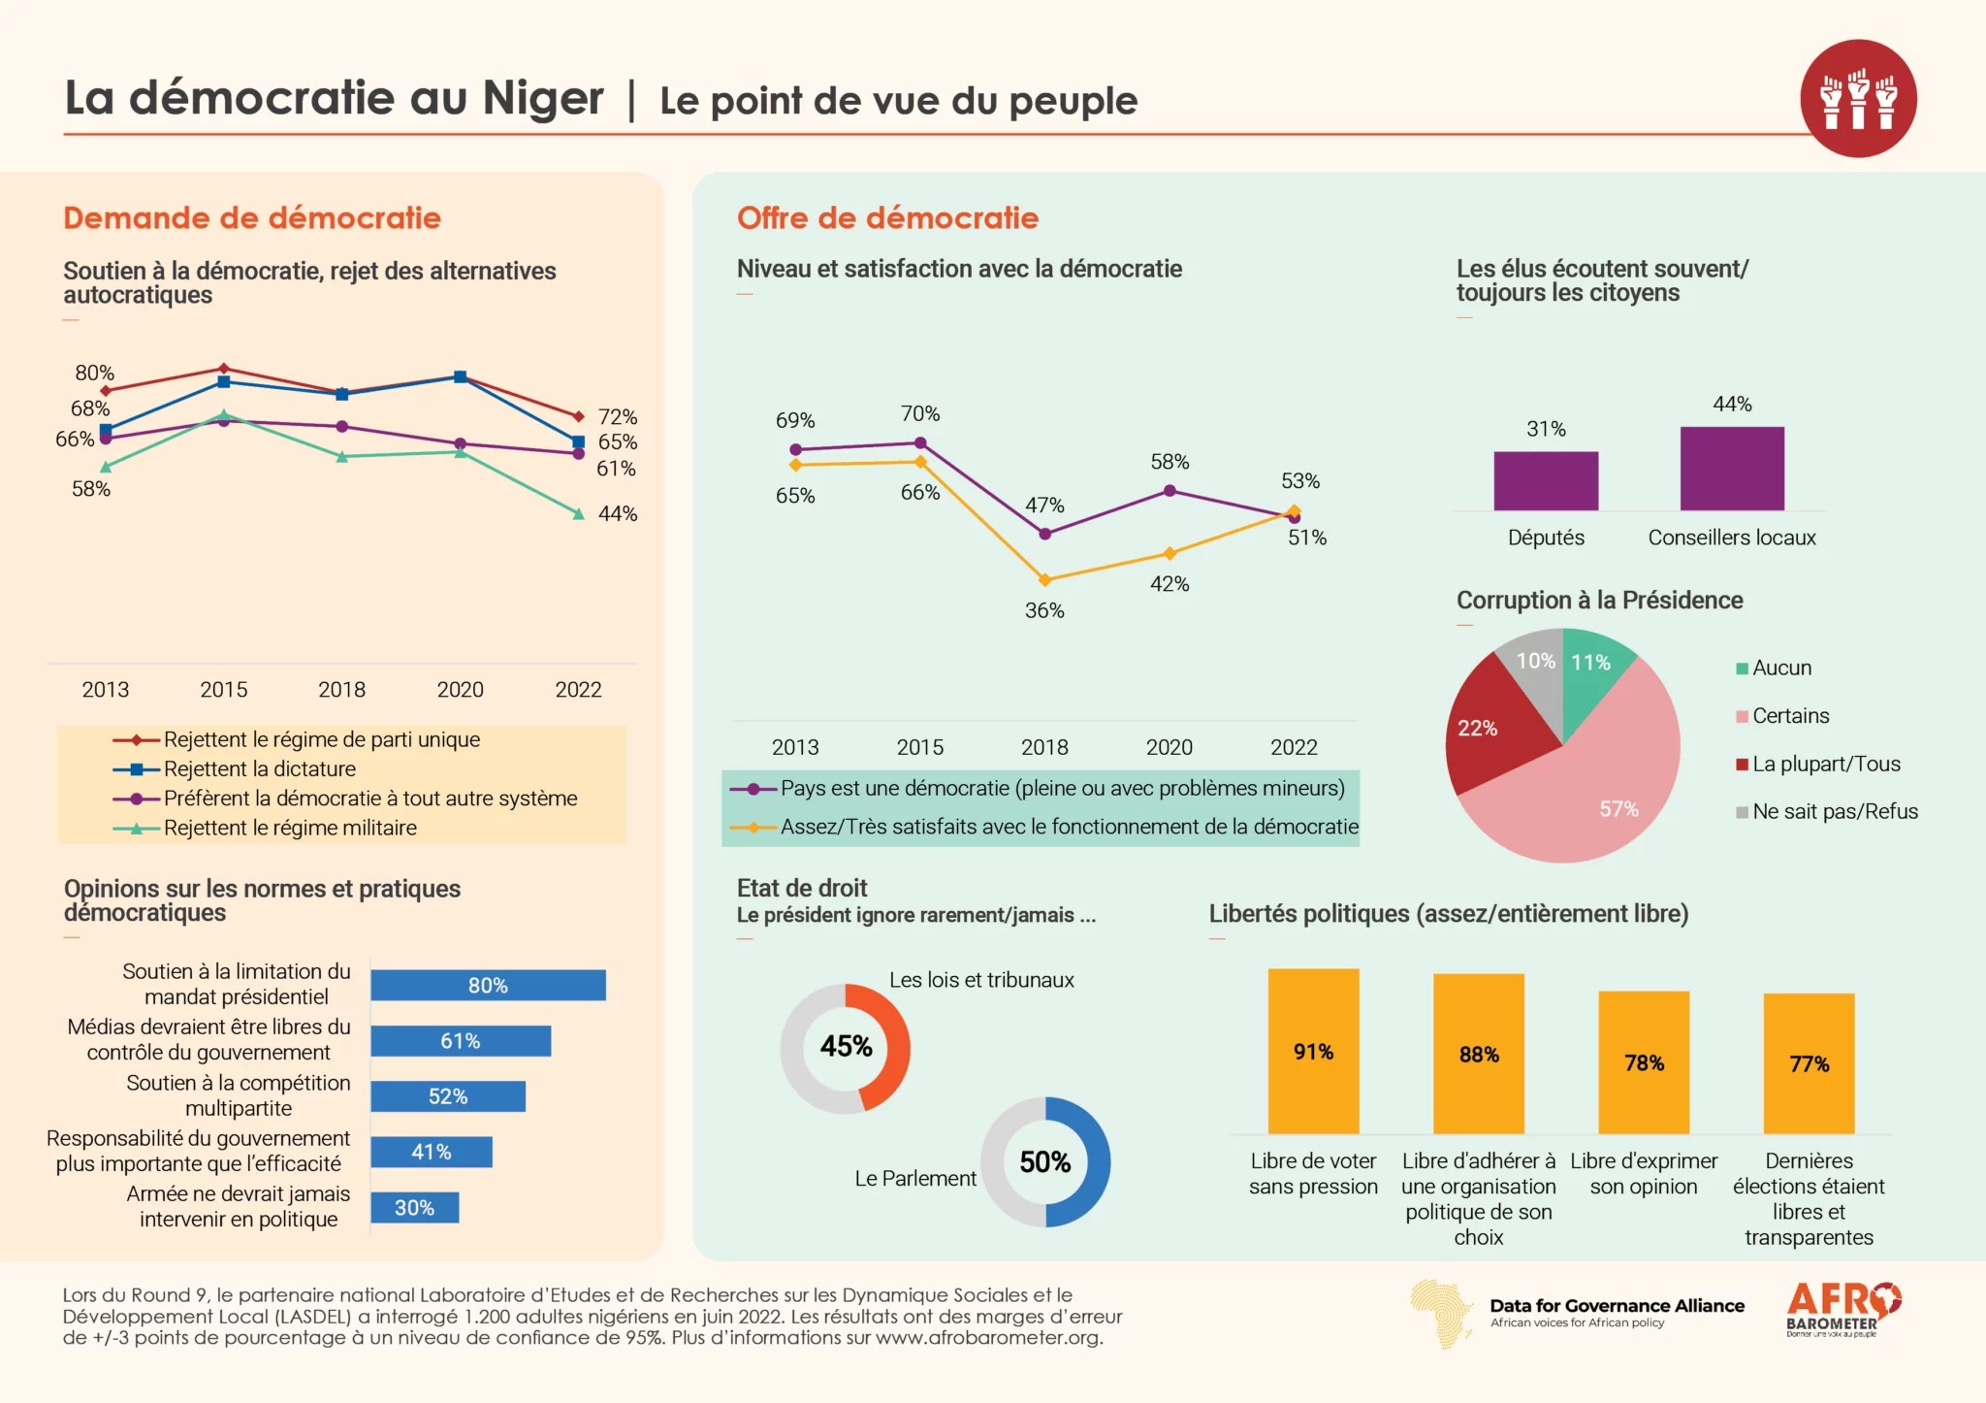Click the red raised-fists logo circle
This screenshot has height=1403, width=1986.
1857,98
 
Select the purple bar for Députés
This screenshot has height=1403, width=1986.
1546,481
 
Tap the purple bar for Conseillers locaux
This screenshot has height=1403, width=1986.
1732,469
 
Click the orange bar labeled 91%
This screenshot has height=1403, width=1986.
1313,1051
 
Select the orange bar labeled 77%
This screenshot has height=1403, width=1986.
1809,1063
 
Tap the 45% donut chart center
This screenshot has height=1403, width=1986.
846,1047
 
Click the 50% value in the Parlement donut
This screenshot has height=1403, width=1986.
1045,1162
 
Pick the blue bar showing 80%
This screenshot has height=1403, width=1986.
488,985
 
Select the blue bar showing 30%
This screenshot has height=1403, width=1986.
414,1208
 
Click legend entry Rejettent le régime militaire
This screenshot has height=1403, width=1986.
290,829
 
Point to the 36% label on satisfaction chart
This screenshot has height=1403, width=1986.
1044,611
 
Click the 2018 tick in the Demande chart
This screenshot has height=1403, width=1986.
341,690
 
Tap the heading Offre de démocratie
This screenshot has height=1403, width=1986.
887,218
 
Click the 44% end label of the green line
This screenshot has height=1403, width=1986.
618,514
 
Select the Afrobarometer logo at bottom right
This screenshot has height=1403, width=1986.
1842,1310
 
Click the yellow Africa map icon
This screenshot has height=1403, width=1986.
1442,1313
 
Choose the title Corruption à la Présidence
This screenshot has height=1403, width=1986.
1599,601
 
